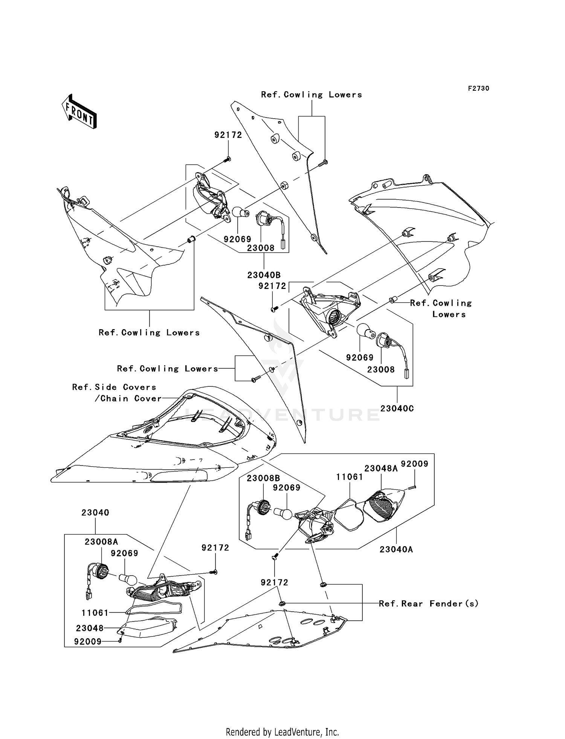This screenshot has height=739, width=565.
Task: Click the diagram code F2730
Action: click(x=478, y=89)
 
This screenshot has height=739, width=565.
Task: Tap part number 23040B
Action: click(x=264, y=275)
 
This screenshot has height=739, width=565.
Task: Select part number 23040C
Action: click(x=397, y=408)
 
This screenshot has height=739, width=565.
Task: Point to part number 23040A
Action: click(x=396, y=550)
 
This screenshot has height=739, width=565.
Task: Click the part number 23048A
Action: click(x=381, y=468)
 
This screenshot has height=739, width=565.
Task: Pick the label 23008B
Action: click(x=263, y=478)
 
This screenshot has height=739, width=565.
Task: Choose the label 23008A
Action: click(x=101, y=542)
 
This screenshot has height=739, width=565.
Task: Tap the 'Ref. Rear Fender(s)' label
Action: click(x=429, y=604)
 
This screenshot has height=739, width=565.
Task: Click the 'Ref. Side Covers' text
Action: click(x=114, y=387)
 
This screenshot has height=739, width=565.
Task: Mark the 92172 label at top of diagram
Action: click(x=228, y=135)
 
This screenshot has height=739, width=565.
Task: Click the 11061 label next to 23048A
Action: click(x=350, y=477)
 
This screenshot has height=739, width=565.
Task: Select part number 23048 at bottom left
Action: click(x=90, y=628)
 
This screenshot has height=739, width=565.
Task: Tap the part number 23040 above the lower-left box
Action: click(x=95, y=513)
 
